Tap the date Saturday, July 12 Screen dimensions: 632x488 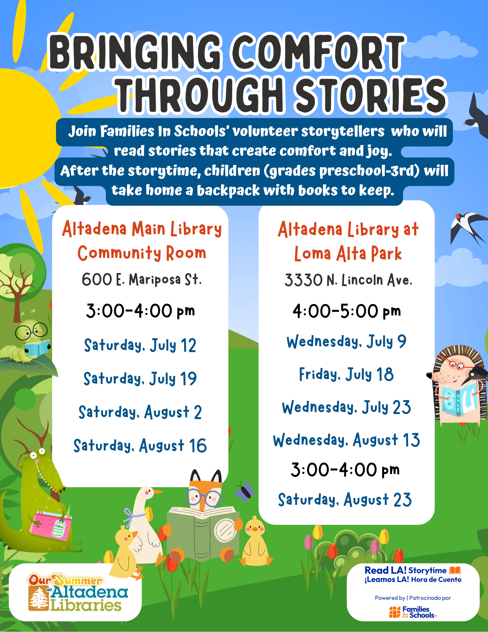140,345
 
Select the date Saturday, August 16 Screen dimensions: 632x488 140,446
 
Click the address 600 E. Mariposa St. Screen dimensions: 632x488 142,280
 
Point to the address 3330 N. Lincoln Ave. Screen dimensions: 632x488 348,280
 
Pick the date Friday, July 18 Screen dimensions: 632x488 346,374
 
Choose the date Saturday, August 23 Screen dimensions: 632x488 345,500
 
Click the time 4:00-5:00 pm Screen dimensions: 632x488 346,311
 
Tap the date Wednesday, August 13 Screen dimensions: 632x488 346,440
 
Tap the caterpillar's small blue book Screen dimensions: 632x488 37,348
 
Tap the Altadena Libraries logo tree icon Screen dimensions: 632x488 39,598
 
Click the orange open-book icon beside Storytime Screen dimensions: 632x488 455,570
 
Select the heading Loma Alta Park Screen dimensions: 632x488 348,254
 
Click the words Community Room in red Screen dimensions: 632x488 142,253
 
